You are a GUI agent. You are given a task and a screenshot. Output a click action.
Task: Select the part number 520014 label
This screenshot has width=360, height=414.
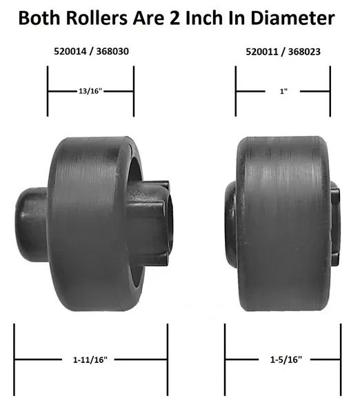click(69, 51)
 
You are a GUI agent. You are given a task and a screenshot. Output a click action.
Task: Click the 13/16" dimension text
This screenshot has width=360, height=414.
click(90, 91)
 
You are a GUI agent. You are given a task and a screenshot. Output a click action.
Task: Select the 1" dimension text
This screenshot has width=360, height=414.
click(283, 91)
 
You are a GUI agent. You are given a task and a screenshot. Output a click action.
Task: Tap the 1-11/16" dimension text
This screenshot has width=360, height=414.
click(91, 359)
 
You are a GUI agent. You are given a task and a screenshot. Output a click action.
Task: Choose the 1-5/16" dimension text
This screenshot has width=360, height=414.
click(283, 359)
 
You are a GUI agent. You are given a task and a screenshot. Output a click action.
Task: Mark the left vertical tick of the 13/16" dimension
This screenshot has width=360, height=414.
click(47, 91)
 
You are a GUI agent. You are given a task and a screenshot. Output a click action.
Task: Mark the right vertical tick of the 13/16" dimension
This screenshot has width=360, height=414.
click(134, 91)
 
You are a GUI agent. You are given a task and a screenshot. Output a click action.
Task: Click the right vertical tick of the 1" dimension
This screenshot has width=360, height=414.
click(330, 91)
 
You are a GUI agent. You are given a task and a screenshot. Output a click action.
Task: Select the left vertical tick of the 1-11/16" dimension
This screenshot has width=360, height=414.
click(14, 359)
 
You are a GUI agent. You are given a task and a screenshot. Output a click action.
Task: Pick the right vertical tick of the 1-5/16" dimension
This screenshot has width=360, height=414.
click(341, 359)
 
